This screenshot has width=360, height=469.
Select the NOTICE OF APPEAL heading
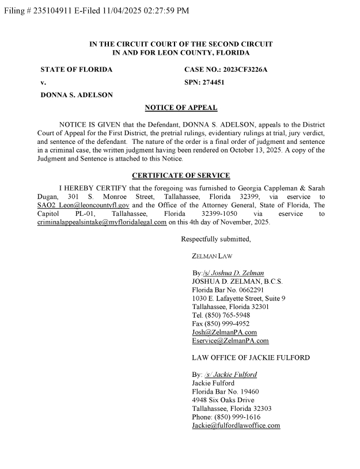(x=180, y=108)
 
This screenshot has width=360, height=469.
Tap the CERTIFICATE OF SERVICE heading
(x=180, y=176)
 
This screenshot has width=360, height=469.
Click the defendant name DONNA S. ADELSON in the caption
(x=76, y=94)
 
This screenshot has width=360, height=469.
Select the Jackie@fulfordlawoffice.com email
(x=236, y=425)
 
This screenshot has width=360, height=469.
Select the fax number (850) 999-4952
(x=228, y=324)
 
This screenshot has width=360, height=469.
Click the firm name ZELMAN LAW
(x=213, y=256)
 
